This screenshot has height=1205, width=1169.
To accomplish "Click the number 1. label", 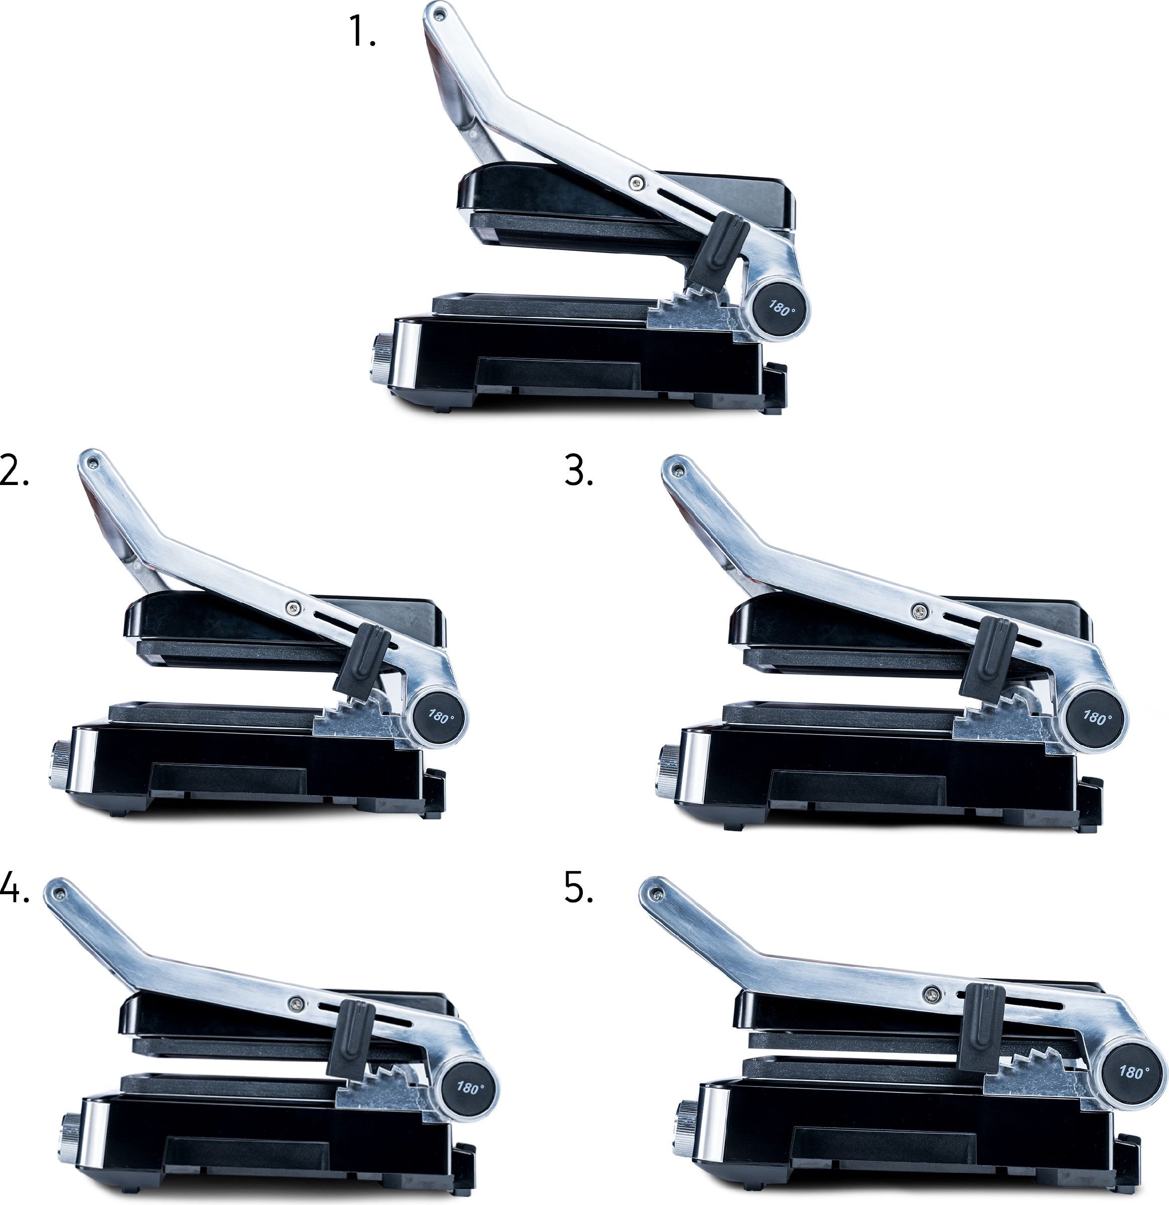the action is (x=361, y=31).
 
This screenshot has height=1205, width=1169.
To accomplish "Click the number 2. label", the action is (x=14, y=470).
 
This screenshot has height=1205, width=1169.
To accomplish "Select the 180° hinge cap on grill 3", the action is (x=1096, y=717).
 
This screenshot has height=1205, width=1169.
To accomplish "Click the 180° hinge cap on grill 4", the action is (x=468, y=1088).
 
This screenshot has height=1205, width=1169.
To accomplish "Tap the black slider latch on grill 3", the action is (x=988, y=658).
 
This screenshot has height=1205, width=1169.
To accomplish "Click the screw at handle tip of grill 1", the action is (x=438, y=12).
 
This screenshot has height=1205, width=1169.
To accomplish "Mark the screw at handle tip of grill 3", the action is (x=679, y=471).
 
